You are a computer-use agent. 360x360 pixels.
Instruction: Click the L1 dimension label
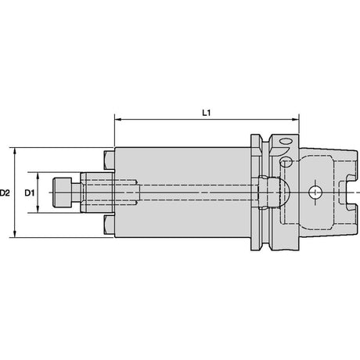pyautogui.click(x=207, y=113)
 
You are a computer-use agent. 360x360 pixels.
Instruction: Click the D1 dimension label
pyautogui.click(x=30, y=193)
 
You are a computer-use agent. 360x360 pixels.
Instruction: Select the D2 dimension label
pyautogui.click(x=5, y=193)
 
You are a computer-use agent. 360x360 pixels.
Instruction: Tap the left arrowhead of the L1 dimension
pyautogui.click(x=118, y=120)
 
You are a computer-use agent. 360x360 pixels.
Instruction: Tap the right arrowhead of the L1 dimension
pyautogui.click(x=295, y=120)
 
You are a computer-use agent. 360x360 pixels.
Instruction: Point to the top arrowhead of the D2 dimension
pyautogui.click(x=15, y=151)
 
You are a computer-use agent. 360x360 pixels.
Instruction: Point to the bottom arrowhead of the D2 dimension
pyautogui.click(x=15, y=234)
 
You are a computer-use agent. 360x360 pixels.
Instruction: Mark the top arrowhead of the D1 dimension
pyautogui.click(x=38, y=176)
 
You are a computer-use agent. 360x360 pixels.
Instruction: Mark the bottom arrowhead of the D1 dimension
pyautogui.click(x=38, y=209)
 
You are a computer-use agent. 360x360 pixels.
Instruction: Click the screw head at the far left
pyautogui.click(x=62, y=193)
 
